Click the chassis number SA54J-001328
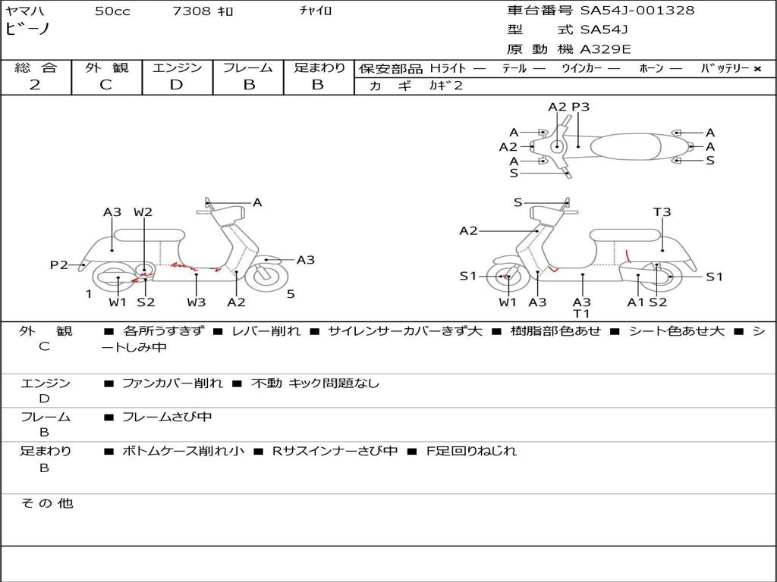tap(637, 11)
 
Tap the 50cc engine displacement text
tap(112, 11)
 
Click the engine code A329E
tap(606, 50)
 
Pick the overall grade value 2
tap(35, 85)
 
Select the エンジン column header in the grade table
tap(177, 68)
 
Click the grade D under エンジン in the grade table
tap(177, 85)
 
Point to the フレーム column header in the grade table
tap(248, 68)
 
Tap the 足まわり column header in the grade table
tap(319, 68)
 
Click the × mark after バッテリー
tap(757, 69)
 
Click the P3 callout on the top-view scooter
tap(580, 107)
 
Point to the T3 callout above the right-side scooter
tap(662, 212)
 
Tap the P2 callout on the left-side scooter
tap(59, 265)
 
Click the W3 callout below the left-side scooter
tap(197, 302)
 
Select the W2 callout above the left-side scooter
tap(143, 212)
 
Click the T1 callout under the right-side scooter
tap(582, 314)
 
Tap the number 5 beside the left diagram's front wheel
tap(291, 294)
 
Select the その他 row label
tap(46, 503)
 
